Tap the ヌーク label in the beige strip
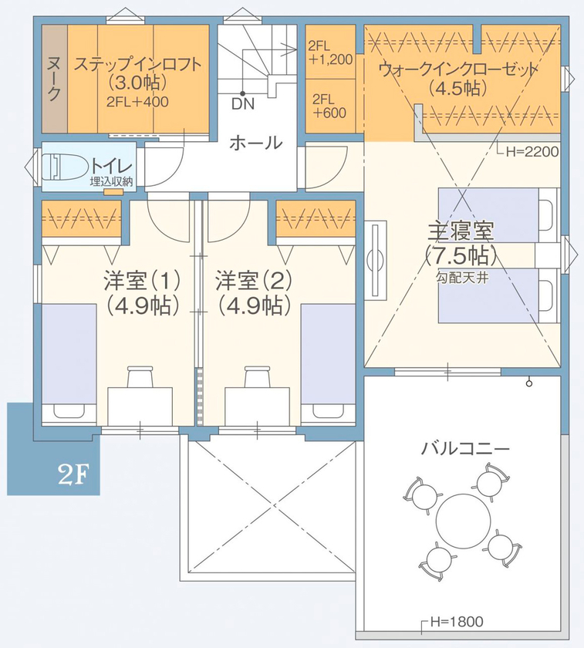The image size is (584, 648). (x=54, y=79)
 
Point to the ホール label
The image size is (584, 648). (x=255, y=143)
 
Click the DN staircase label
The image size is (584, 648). (x=241, y=103)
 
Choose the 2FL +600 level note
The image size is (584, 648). (x=329, y=105)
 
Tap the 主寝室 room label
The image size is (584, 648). (x=461, y=230)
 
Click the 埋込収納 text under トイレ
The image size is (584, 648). (x=111, y=181)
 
